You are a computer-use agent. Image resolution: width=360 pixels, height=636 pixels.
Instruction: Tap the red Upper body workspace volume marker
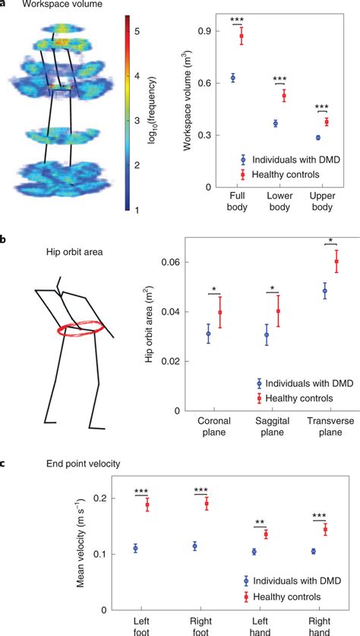tap(327, 122)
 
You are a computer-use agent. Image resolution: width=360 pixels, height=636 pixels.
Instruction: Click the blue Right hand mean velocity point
tap(313, 551)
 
